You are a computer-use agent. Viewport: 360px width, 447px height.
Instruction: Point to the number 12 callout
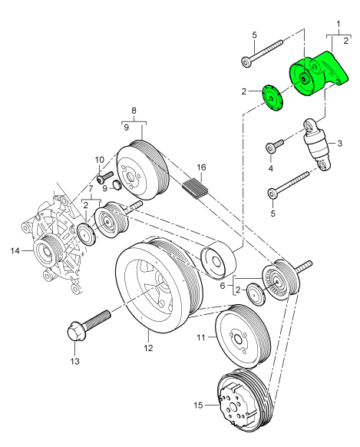click(148, 348)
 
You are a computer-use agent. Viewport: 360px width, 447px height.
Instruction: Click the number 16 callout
click(200, 167)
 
